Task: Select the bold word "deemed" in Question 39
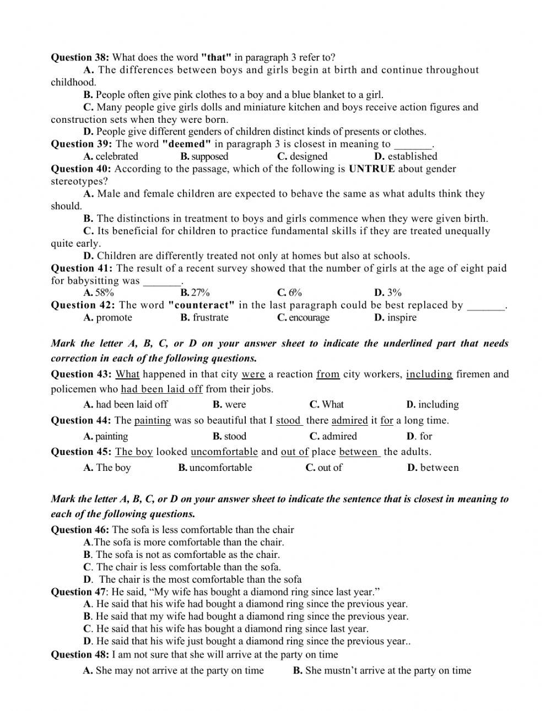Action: (186, 144)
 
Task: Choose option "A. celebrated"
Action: (111, 156)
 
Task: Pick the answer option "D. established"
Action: (406, 156)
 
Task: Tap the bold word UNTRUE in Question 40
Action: (372, 169)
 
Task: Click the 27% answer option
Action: (195, 292)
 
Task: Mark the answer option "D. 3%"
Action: (388, 292)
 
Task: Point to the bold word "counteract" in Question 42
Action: (202, 305)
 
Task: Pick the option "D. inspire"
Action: (395, 317)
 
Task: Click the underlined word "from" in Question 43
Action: (328, 375)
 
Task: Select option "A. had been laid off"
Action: (126, 404)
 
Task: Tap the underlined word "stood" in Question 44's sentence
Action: (288, 421)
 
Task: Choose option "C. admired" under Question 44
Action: (333, 436)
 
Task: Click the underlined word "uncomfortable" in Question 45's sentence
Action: (224, 452)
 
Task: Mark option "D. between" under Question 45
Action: (433, 468)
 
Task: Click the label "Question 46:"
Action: (80, 530)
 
